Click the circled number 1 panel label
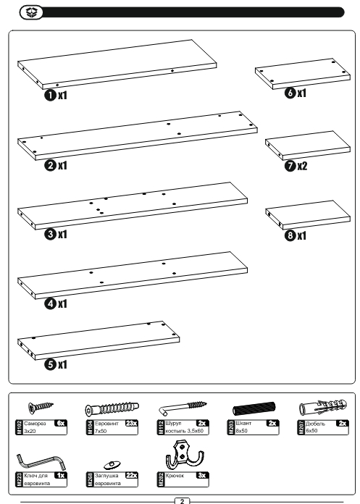50,95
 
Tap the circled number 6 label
290,93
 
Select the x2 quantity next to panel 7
302,166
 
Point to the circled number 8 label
290,235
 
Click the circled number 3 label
50,234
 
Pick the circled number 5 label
50,364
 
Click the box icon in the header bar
31,12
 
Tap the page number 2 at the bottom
183,501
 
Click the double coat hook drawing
185,455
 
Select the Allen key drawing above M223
41,462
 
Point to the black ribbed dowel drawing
254,409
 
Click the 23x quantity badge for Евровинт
131,424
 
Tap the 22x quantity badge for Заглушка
131,475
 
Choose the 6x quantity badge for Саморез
61,424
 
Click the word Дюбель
315,424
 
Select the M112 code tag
160,427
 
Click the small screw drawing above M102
41,407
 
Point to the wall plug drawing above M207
323,408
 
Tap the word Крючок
175,476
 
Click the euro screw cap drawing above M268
112,464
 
